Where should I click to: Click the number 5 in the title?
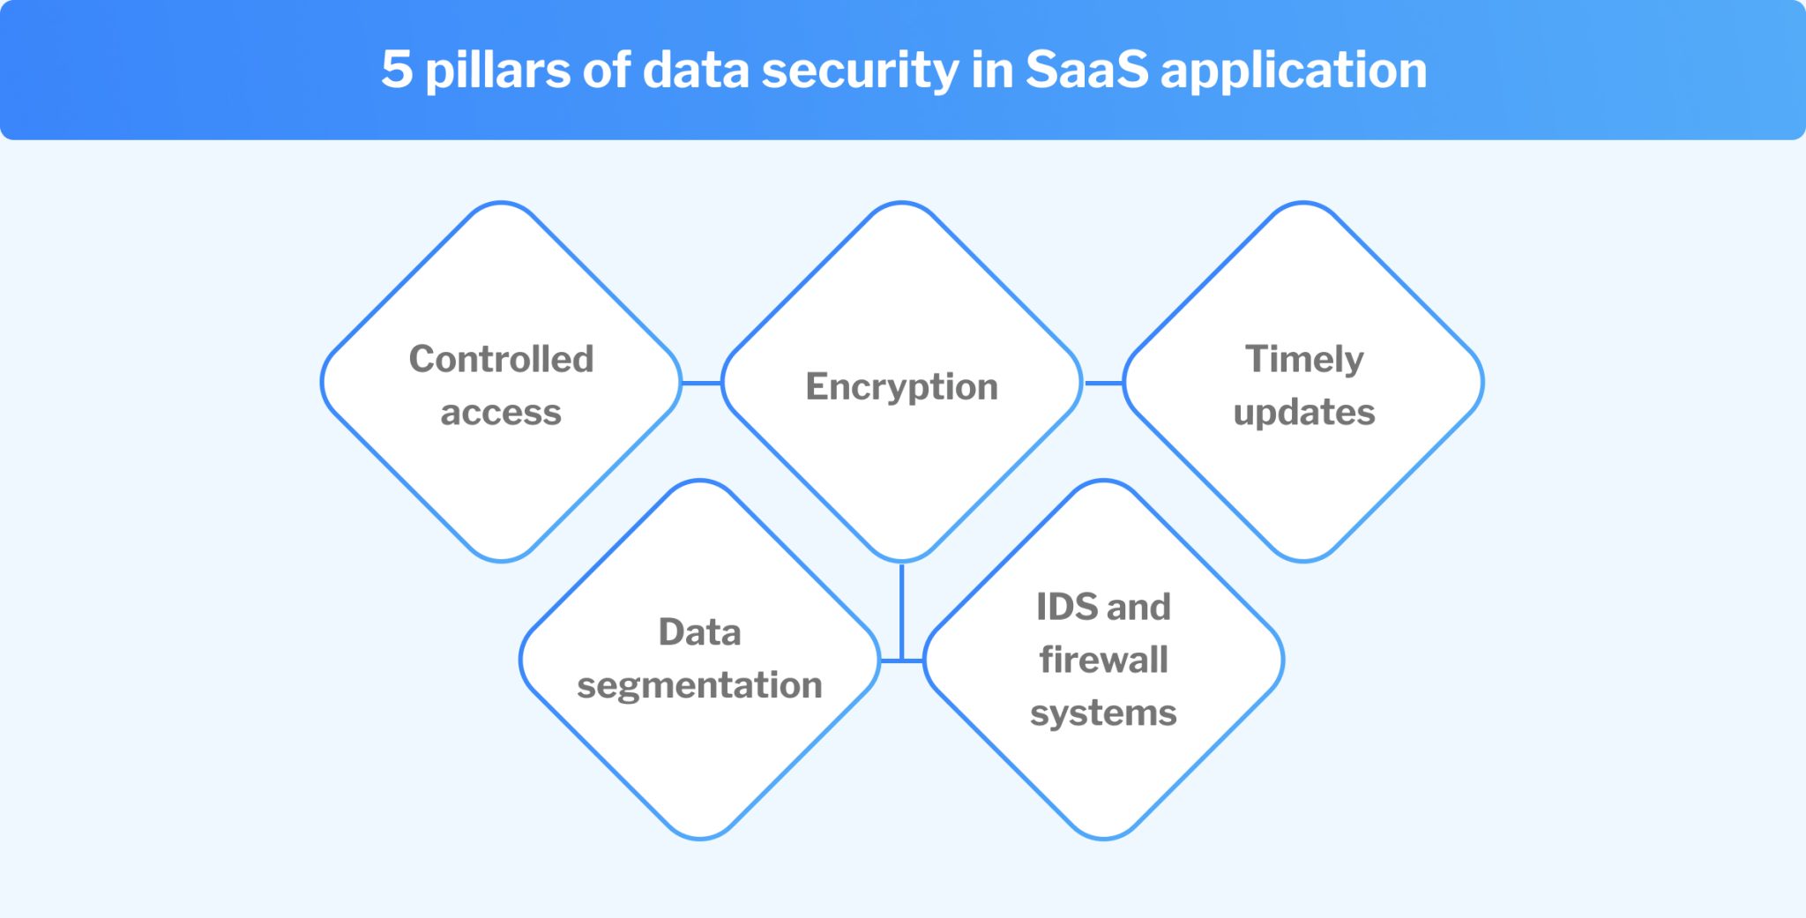coord(397,69)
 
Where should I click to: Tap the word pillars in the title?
coord(497,71)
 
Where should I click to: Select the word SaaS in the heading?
coord(1086,69)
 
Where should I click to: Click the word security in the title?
coord(860,71)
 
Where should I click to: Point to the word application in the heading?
coord(1294,71)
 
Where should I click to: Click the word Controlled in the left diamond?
coord(501,359)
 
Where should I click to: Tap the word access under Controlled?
coord(501,413)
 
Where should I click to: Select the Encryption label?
coord(901,386)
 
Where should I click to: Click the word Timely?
coord(1303,359)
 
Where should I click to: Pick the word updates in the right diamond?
coord(1303,413)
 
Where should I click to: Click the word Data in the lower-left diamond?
coord(699,632)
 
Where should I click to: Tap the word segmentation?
coord(699,685)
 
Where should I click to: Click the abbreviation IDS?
coord(1067,607)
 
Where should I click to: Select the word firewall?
coord(1103,660)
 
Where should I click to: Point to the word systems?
coord(1103,713)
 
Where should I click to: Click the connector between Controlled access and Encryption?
coord(702,383)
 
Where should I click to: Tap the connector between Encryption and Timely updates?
coord(1103,383)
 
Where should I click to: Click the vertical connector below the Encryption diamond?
coord(901,608)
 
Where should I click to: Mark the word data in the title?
coord(696,69)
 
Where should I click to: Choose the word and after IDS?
coord(1139,607)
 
